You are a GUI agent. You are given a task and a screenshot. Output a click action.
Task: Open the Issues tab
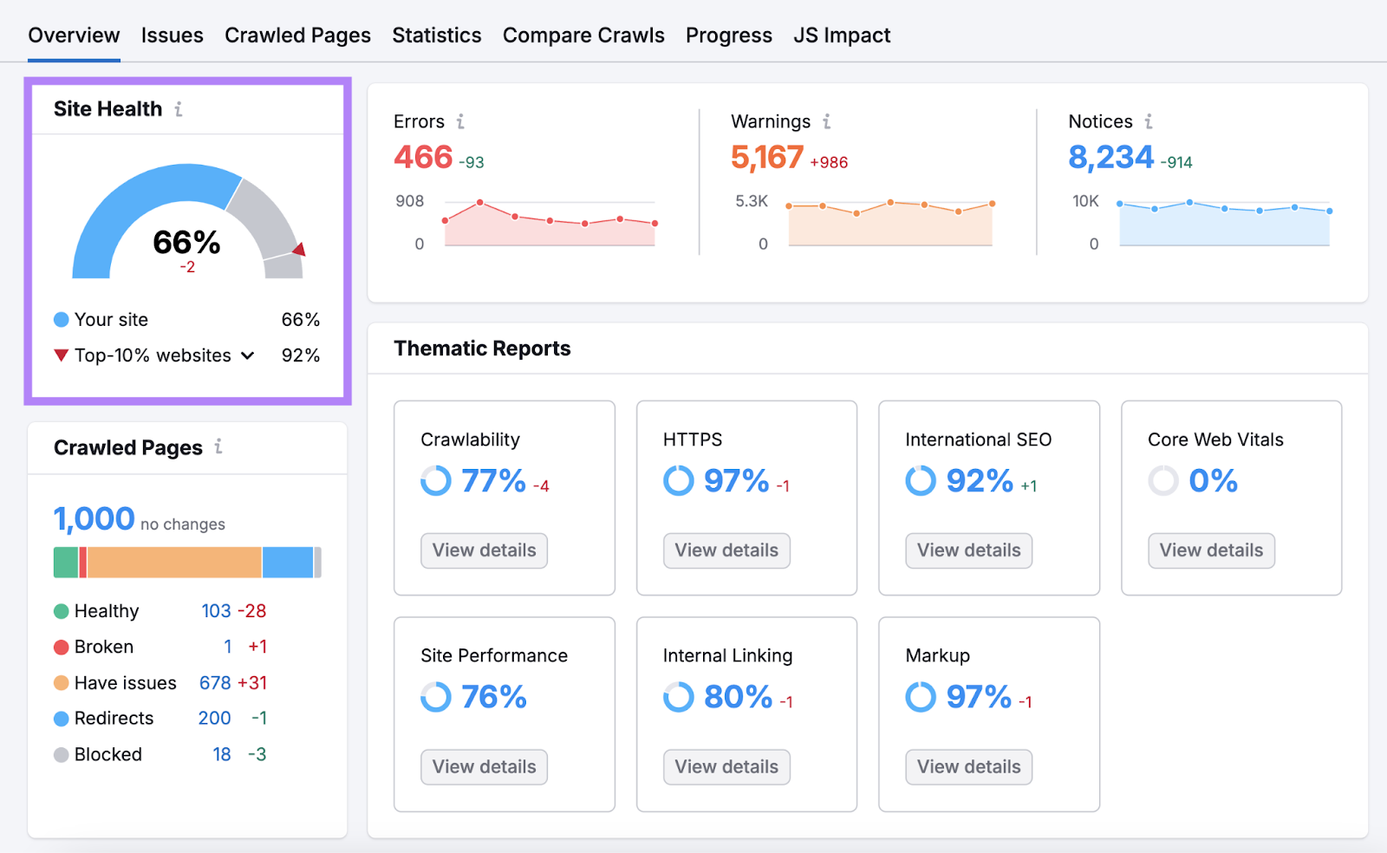coord(172,36)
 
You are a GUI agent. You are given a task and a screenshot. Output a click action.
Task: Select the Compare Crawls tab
coord(583,36)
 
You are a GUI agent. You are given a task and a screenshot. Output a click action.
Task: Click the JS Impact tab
coord(842,36)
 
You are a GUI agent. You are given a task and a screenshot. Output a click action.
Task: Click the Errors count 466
coord(423,158)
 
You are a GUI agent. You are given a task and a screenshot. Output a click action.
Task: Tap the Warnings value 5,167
coord(767,158)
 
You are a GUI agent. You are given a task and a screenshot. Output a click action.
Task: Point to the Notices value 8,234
coord(1110,158)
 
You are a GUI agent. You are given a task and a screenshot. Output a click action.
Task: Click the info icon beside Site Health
coord(179,109)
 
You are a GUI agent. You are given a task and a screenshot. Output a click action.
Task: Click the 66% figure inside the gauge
coord(186,243)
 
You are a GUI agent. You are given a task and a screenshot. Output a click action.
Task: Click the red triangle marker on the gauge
coord(299,251)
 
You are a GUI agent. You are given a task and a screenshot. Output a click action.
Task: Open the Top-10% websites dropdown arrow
coord(248,355)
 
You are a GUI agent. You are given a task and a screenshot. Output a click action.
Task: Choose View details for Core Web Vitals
coord(1211,550)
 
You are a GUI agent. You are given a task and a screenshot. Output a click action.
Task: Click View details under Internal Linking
coord(726,767)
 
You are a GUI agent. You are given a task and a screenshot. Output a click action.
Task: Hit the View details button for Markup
coord(968,767)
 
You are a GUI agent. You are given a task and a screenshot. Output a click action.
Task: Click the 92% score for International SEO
coord(980,481)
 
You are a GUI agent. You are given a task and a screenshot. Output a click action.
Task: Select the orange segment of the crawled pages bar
coord(173,563)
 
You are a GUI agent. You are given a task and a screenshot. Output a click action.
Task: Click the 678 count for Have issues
coord(215,683)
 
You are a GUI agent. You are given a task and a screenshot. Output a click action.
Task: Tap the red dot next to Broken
coord(62,648)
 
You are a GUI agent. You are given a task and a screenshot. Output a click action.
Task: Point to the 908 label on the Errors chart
coord(409,201)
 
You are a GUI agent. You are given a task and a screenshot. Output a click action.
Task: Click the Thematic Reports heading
coord(482,348)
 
